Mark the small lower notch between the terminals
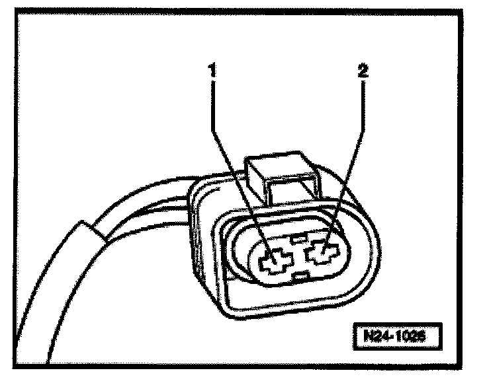(x=301, y=273)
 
